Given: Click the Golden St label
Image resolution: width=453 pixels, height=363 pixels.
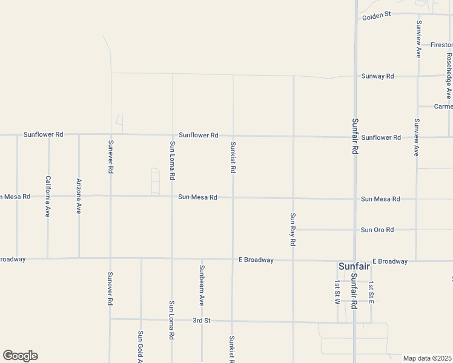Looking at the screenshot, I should pos(377,16).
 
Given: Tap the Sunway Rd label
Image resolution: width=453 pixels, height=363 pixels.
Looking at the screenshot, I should pos(377,76).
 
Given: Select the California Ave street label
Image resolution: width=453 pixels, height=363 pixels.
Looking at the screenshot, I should pos(48,196).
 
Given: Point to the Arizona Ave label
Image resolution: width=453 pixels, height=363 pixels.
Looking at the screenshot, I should pos(79,196).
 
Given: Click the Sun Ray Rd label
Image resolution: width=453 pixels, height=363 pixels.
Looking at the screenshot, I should pos(293,229).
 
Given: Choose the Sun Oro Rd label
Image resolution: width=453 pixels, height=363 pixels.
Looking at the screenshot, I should pos(377,230).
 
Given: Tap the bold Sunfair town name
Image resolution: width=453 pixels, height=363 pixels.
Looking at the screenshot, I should pos(354,267).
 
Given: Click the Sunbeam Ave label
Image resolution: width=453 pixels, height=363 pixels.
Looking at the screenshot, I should pos(202,284).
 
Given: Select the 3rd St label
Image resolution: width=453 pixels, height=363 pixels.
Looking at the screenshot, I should pos(201,320).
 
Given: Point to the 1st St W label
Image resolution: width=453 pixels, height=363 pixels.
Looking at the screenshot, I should pos(337,292).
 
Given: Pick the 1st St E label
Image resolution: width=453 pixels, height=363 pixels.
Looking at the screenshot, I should pos(371,292).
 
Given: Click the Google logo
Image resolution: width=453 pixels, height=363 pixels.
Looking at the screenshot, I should pos(20,356).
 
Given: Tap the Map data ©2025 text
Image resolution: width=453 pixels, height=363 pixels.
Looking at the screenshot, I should pos(427,358).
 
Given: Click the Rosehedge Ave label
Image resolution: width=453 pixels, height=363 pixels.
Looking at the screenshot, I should pos(449,76).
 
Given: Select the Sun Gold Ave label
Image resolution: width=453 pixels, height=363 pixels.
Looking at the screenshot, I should pos(141,346).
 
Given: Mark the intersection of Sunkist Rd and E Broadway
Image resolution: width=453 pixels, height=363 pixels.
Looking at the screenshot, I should pos(233,260).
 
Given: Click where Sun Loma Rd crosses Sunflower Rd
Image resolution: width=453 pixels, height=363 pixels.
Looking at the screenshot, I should pos(172,135).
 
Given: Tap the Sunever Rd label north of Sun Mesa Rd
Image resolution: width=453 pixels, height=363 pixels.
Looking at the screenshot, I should pos(110,157).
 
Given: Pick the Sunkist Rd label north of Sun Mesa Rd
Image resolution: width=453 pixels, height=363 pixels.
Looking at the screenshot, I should pos(233,157).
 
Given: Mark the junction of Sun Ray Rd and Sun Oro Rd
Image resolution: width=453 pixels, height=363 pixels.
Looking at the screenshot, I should pos(293,230).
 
